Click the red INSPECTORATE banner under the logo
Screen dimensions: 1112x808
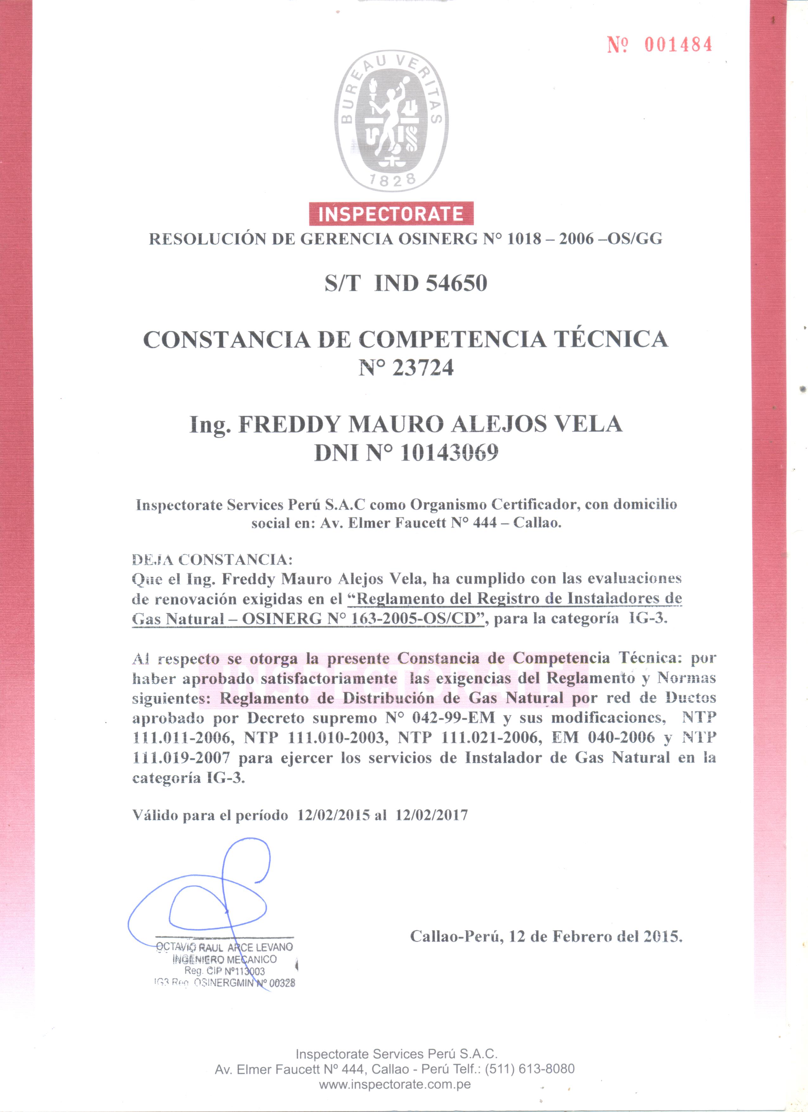click(391, 214)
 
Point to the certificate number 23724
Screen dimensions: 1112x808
click(423, 367)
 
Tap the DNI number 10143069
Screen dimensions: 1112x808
click(449, 452)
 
